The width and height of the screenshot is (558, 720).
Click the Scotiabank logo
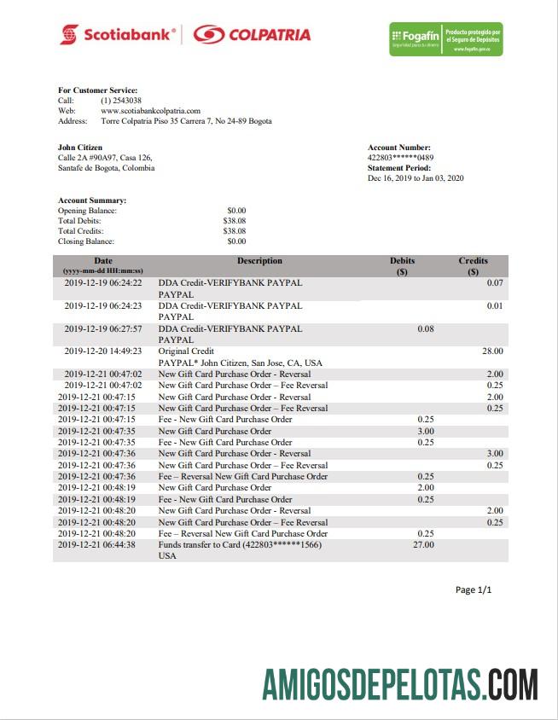(117, 35)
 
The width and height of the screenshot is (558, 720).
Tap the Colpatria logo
(251, 35)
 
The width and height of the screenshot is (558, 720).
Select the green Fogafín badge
(445, 39)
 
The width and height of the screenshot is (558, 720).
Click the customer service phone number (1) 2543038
(121, 101)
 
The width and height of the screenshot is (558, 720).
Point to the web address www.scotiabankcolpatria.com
(150, 111)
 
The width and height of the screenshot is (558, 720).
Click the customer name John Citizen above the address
(80, 148)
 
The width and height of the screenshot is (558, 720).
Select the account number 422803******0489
(400, 158)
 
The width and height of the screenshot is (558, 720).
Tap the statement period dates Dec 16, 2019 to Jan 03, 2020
(416, 178)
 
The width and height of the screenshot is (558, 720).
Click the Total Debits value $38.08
(235, 220)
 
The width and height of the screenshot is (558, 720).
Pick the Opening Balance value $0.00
(236, 210)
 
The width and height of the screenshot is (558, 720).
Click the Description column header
(259, 261)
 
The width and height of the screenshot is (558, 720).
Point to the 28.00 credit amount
(492, 351)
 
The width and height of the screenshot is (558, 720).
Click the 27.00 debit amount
(423, 544)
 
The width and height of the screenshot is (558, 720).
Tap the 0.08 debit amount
(426, 328)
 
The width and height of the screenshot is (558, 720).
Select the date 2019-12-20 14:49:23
(103, 351)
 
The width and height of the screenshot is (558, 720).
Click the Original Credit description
(186, 351)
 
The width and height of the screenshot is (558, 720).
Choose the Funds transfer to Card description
(240, 544)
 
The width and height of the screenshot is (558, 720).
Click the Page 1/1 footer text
(474, 589)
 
